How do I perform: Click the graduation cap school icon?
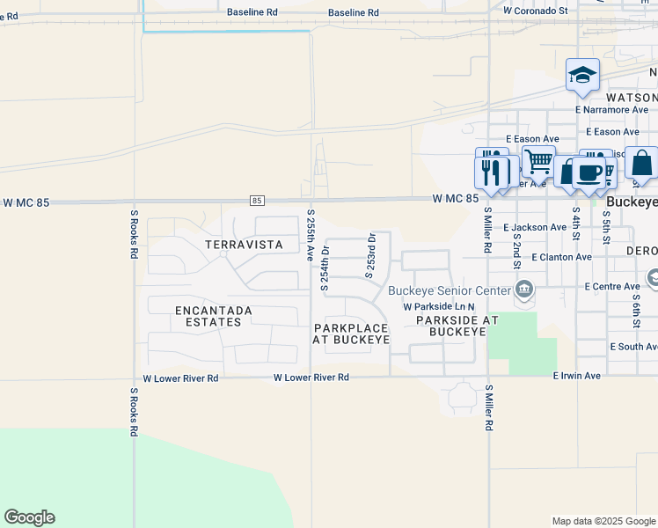(582, 77)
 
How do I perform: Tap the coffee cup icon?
(589, 172)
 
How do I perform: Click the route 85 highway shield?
(257, 202)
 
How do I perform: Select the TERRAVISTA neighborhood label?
(245, 244)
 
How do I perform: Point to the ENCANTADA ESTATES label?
(214, 316)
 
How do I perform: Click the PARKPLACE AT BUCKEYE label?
(352, 334)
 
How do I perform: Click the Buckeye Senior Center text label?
(450, 290)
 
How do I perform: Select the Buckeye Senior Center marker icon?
(524, 289)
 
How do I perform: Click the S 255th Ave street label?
(311, 236)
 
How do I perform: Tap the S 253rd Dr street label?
(371, 255)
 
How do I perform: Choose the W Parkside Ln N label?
(438, 306)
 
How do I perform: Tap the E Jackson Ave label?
(535, 227)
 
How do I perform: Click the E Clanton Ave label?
(562, 257)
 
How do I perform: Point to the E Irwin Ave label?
(576, 376)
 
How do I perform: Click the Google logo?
(29, 517)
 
